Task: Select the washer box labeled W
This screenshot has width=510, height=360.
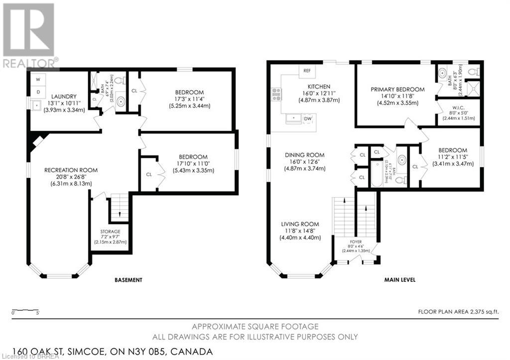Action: pos(38,79)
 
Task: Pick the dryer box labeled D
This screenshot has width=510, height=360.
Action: pos(38,92)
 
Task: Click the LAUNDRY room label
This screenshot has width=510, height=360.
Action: pos(63,96)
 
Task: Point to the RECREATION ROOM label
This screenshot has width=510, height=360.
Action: pos(71,170)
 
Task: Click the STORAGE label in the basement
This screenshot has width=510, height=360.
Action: pos(110,231)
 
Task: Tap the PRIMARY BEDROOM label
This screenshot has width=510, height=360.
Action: pos(397,90)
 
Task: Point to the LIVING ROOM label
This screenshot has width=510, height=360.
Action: pos(299,224)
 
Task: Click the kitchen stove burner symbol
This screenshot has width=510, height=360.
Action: pos(276,94)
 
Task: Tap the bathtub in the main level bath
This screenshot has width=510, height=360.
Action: pos(377,174)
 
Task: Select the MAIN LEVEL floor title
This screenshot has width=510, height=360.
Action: pos(399,280)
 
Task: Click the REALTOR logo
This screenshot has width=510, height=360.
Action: pos(29,35)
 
